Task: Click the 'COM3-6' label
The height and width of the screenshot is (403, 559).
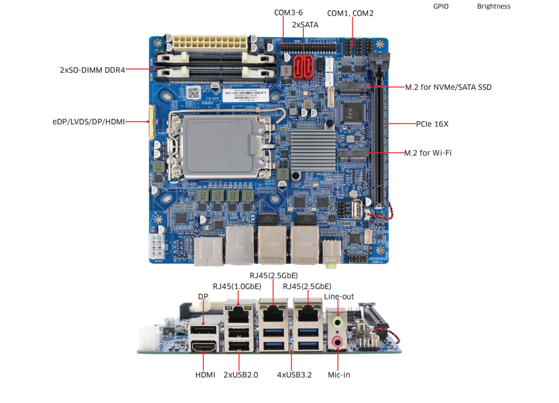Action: coord(288,12)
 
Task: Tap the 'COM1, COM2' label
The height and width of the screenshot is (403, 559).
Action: coord(350,13)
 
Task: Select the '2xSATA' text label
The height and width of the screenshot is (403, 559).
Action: coord(305,24)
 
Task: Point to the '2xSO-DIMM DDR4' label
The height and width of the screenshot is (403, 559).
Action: coord(92,70)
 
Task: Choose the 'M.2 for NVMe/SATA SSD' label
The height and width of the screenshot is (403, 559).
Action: coord(448,87)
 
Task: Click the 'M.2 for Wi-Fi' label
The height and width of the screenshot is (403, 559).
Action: coord(428,153)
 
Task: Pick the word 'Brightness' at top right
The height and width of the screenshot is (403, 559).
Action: coord(493,7)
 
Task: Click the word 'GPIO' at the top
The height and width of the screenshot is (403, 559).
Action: coord(441,7)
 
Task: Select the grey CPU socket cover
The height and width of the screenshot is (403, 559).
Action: coord(220,142)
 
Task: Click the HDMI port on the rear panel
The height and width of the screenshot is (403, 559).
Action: coord(204,346)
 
